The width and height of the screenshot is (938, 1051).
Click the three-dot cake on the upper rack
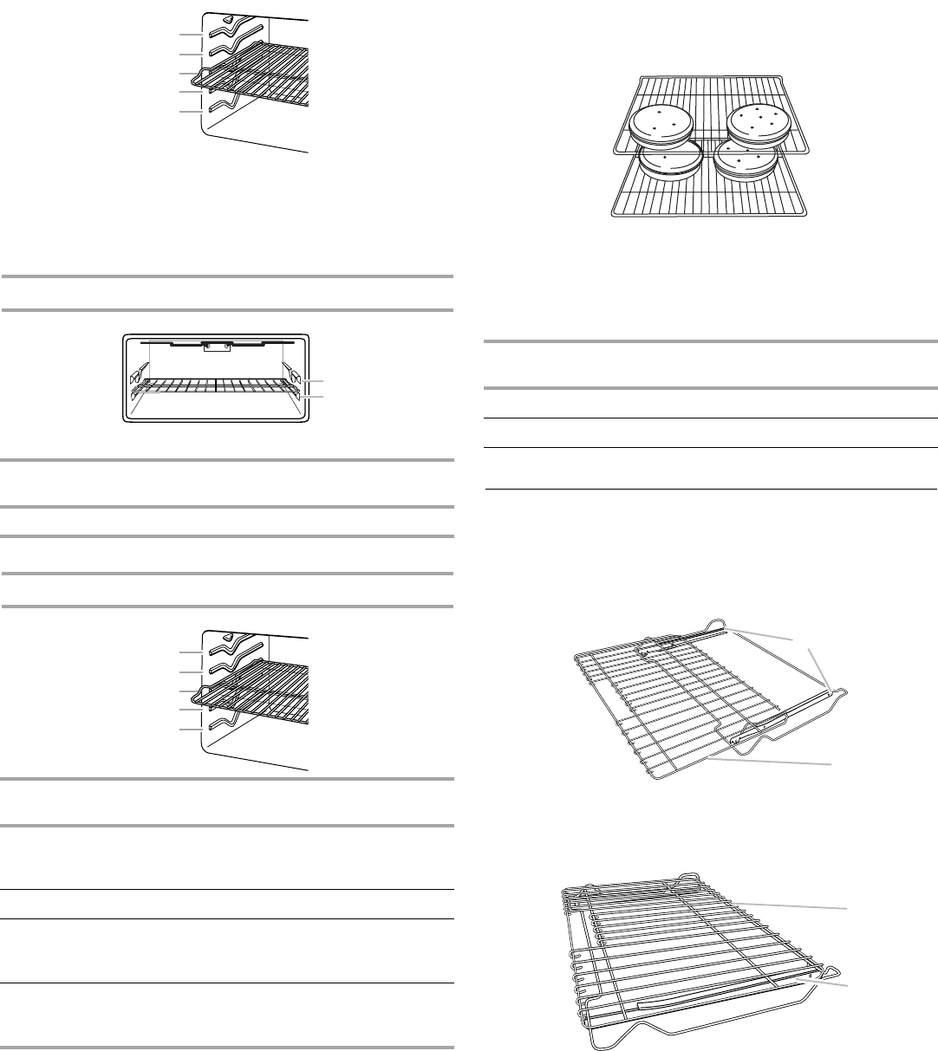(660, 124)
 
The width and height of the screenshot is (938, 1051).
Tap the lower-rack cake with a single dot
(668, 160)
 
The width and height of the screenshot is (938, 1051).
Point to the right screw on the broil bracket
(227, 345)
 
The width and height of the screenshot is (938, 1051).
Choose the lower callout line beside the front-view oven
(311, 396)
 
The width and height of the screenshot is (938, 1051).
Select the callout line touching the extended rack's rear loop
(759, 633)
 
